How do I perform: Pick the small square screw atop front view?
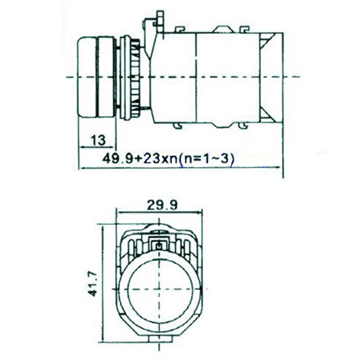point(158,246)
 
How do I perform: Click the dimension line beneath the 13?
point(97,147)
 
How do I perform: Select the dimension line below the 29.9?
point(159,211)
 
